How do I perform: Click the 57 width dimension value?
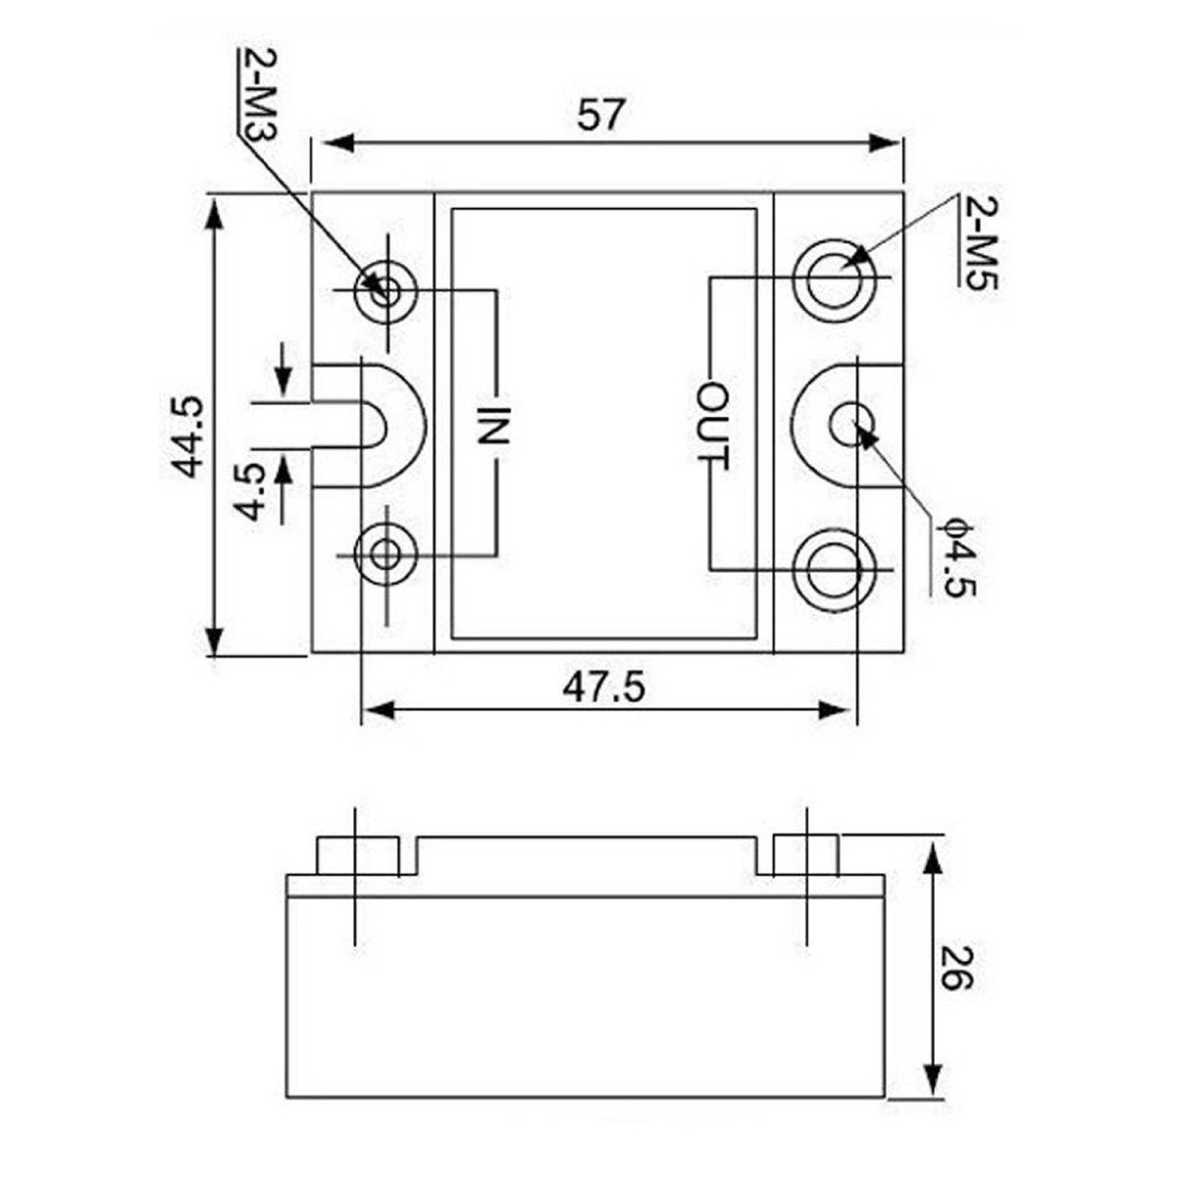pyautogui.click(x=601, y=115)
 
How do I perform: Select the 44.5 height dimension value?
pyautogui.click(x=187, y=436)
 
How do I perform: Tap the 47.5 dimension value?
pyautogui.click(x=603, y=689)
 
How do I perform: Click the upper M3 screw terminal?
pyautogui.click(x=386, y=294)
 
